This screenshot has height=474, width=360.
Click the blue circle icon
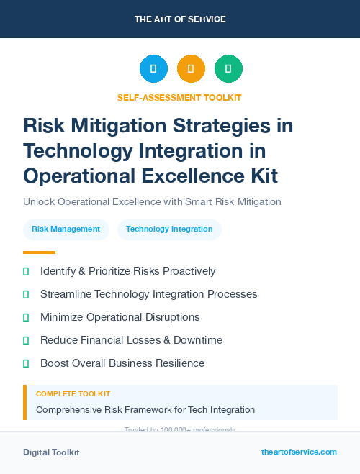[x=153, y=69]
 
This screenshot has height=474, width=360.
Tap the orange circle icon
[x=191, y=69]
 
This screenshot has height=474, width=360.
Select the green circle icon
[x=228, y=69]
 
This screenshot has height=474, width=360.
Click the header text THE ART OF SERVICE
[x=180, y=19]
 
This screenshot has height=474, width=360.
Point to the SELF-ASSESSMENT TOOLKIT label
[x=179, y=97]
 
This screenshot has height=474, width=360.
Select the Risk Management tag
[x=66, y=229]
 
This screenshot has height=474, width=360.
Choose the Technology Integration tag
[x=169, y=229]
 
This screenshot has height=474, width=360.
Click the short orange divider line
[x=39, y=252]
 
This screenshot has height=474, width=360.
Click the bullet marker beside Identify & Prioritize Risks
[x=26, y=272]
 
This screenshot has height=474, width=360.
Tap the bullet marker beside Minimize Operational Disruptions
[x=26, y=317]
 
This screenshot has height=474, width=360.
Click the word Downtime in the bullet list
[x=197, y=340]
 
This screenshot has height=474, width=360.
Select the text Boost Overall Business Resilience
[x=122, y=363]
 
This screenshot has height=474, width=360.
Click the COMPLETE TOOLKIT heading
[x=73, y=394]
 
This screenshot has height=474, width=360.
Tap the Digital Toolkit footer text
[x=51, y=452]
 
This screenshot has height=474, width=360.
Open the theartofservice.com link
[x=299, y=452]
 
